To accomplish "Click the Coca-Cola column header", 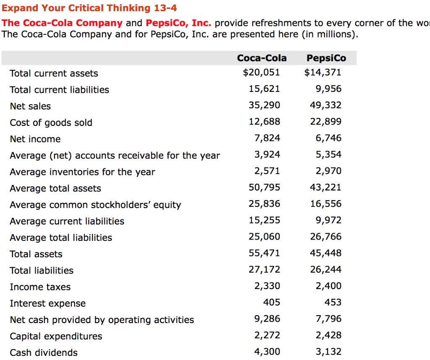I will coord(262,58).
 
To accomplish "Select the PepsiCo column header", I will coord(326,58).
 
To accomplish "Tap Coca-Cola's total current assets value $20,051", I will coord(261,73).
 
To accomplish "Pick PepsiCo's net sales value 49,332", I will coord(325,105).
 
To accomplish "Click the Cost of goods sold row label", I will coord(51,123).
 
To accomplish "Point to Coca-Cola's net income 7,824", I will coord(267,138).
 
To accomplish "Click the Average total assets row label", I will coord(55,188).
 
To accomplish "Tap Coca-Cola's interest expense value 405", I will coord(271,303).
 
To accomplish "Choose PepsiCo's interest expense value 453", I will coord(333,303).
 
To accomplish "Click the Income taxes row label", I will coord(40,287).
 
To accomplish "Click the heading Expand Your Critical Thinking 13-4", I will coord(89,8).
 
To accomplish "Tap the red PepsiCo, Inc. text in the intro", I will coord(178,23).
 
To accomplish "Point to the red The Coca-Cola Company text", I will coord(62,23).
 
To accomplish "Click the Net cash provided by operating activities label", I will coord(102,320).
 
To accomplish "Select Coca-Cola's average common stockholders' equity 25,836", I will coord(264,204).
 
